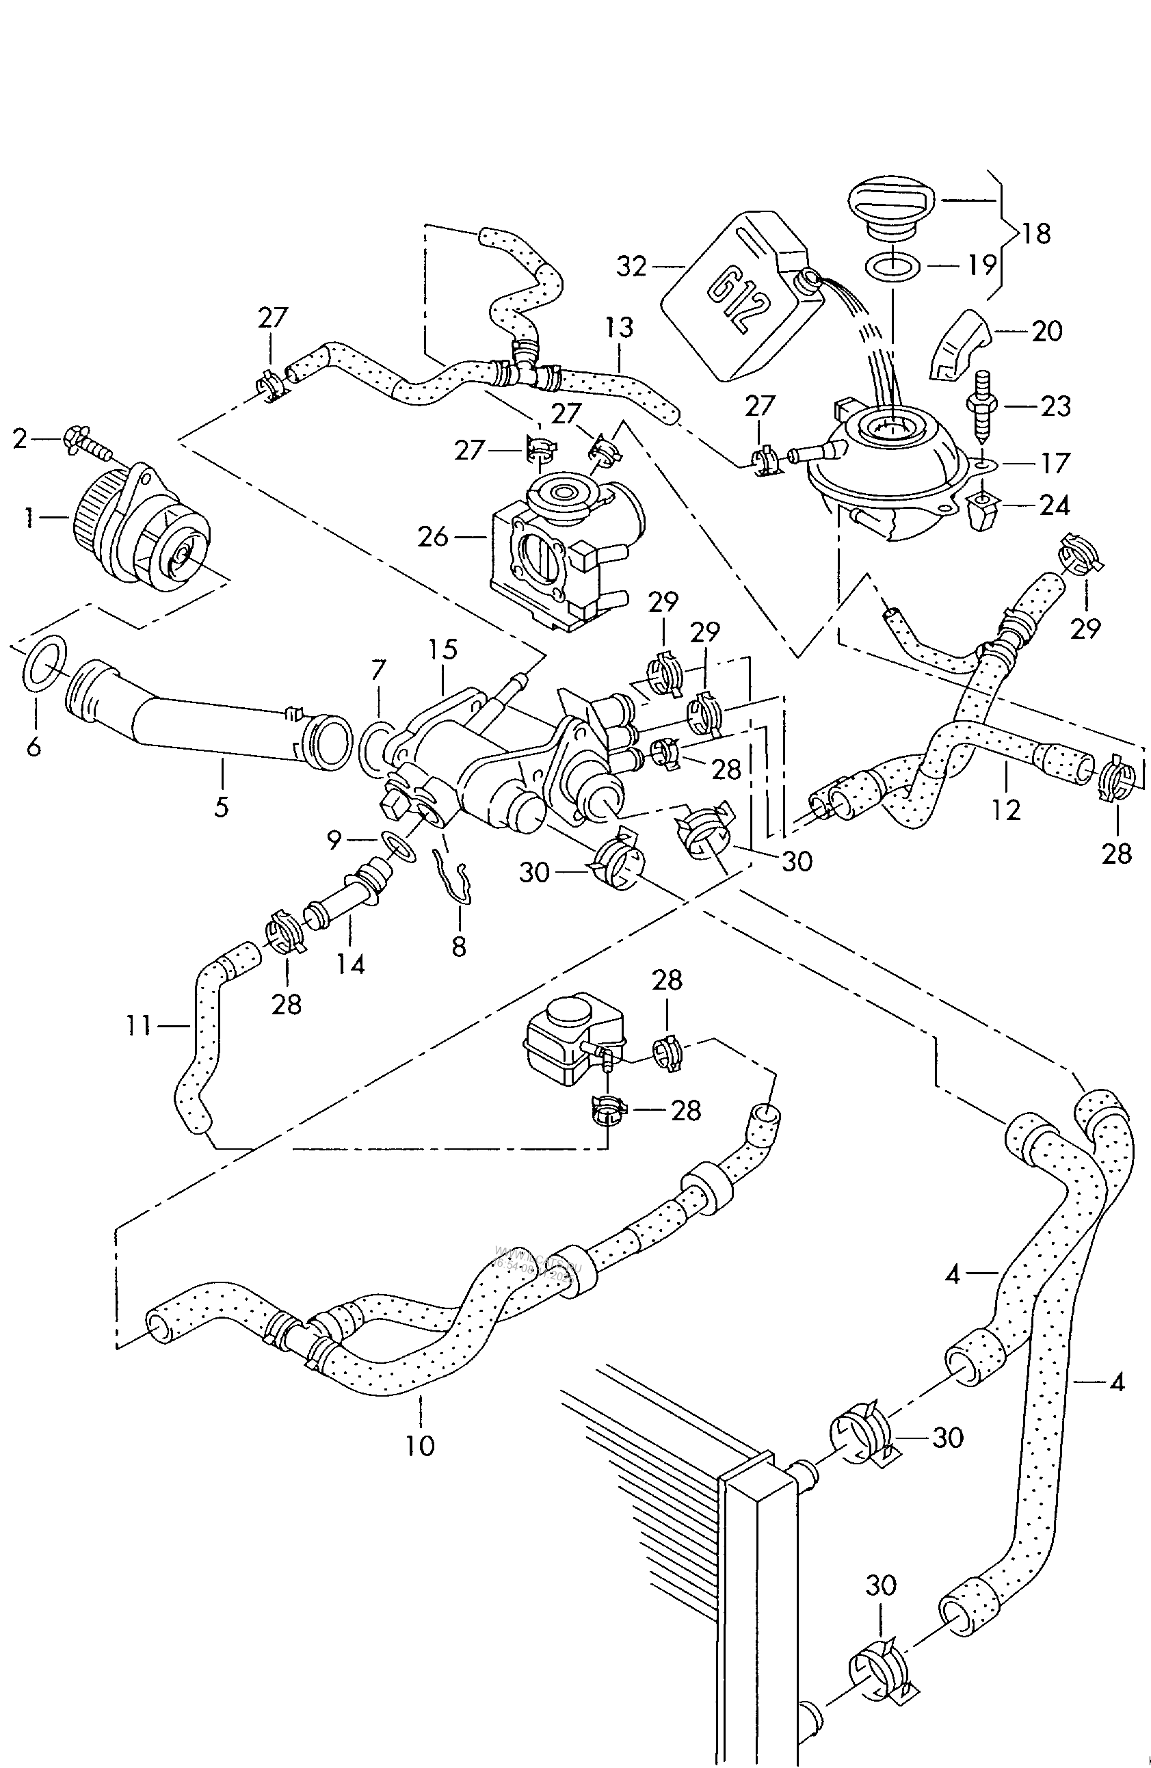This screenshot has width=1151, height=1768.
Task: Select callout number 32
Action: (x=632, y=266)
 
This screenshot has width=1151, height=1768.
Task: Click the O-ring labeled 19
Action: (x=894, y=267)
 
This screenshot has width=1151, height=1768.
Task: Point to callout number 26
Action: (x=433, y=536)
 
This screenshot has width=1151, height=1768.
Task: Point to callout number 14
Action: (x=351, y=964)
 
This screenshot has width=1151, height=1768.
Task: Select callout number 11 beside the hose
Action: (x=138, y=1026)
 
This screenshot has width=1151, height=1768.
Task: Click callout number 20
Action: (x=1047, y=330)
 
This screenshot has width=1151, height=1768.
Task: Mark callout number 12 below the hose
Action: (x=1005, y=809)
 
